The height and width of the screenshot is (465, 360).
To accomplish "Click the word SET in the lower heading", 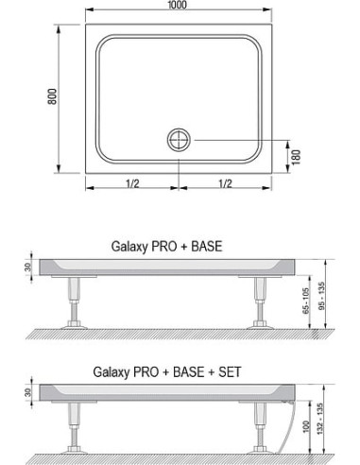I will tap(227, 372).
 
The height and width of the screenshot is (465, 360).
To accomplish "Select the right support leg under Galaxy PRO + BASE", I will tap(262, 303).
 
